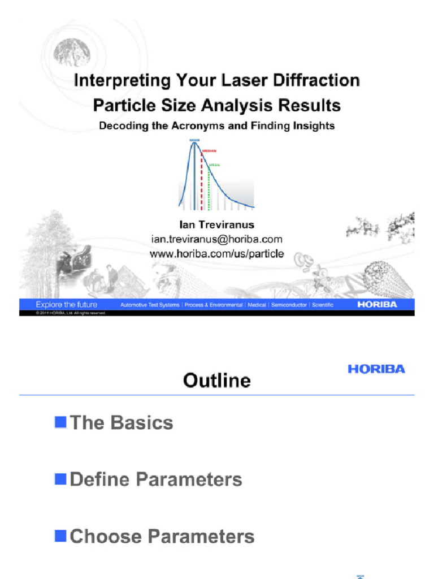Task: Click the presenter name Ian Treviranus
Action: (217, 225)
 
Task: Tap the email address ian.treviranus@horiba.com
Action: (217, 239)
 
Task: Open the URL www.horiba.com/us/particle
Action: (217, 254)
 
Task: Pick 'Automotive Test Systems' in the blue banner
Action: (150, 305)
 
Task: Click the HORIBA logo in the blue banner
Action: (377, 304)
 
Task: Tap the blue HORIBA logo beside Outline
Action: (376, 369)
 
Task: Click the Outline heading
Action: (217, 380)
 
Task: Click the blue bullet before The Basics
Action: (59, 422)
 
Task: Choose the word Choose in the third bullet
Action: (102, 536)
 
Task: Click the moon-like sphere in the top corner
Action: (71, 53)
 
